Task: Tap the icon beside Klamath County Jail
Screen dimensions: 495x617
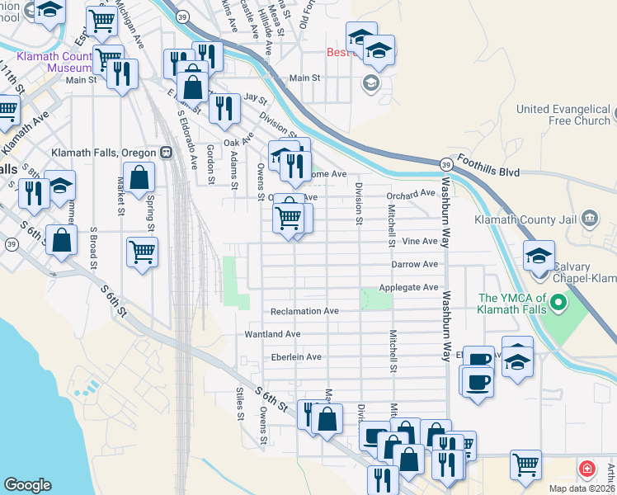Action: (x=589, y=219)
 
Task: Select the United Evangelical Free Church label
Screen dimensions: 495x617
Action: (x=563, y=115)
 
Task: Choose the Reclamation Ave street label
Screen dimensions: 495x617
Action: (x=305, y=311)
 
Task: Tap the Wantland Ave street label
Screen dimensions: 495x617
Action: (x=272, y=334)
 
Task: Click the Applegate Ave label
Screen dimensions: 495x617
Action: (x=408, y=287)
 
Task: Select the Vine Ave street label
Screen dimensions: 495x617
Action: (x=420, y=241)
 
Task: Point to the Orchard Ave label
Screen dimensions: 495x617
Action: (x=410, y=193)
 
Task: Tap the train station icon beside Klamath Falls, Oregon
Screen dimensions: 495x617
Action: (x=167, y=153)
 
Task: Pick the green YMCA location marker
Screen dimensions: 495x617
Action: (x=558, y=303)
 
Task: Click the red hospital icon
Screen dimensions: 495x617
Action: (x=586, y=469)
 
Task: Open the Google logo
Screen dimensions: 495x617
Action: (x=27, y=485)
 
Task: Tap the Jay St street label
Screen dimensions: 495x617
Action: (x=251, y=97)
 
